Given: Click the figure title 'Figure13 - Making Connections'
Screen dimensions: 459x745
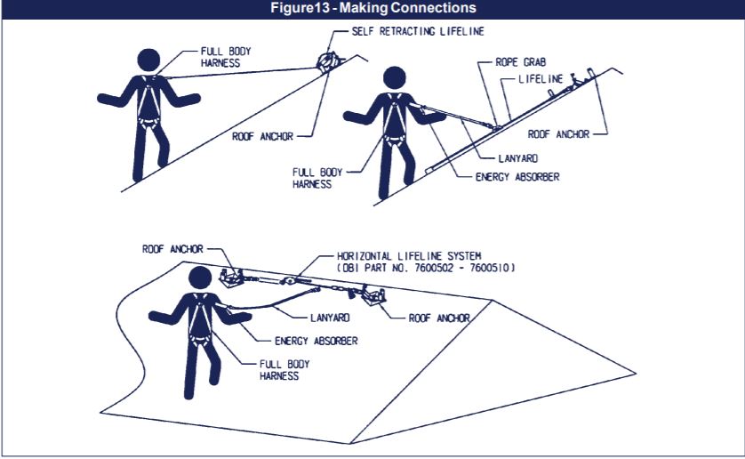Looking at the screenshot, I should click(372, 8).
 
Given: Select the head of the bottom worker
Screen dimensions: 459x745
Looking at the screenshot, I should click(200, 278).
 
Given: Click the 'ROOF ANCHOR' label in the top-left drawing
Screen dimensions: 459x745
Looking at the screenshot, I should click(262, 136).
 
